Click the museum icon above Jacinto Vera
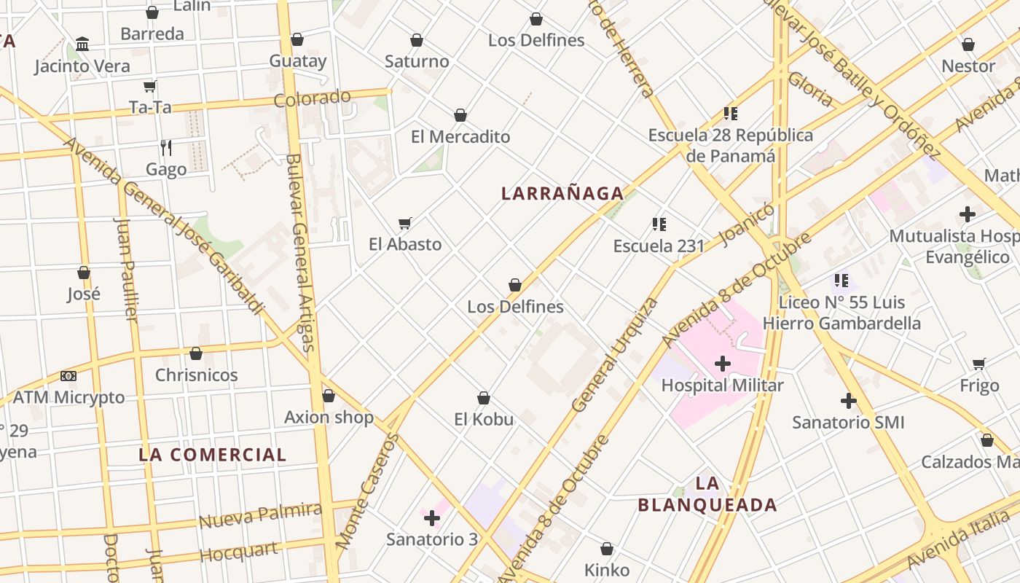click(x=82, y=44)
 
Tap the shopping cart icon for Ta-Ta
click(x=150, y=87)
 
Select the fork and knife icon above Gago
click(x=166, y=148)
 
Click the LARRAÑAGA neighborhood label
click(x=562, y=193)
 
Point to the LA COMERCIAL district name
click(x=213, y=455)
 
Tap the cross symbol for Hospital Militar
click(x=723, y=364)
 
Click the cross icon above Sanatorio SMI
click(x=848, y=401)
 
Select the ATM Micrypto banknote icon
click(x=68, y=376)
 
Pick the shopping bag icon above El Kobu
click(x=484, y=398)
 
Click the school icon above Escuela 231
click(x=659, y=224)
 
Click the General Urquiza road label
click(x=615, y=355)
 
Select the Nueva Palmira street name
click(x=260, y=515)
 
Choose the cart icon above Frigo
click(x=979, y=364)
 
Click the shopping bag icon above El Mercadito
click(x=460, y=115)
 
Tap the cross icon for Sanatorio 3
click(x=432, y=518)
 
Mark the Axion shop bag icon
click(x=329, y=396)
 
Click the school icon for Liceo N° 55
click(x=841, y=281)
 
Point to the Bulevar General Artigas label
click(x=300, y=252)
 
